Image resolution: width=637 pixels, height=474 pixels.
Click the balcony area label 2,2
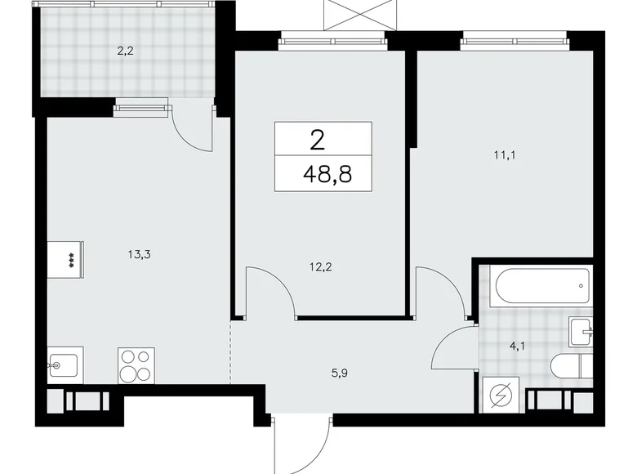point(125,50)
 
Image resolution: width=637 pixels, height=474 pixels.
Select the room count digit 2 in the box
point(318,139)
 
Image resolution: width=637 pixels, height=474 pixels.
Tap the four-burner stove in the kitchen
point(136,366)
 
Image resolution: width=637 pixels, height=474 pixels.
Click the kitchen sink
point(63,364)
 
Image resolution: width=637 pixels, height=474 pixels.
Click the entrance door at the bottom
point(301,441)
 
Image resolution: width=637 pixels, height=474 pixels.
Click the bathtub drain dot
point(580,287)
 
